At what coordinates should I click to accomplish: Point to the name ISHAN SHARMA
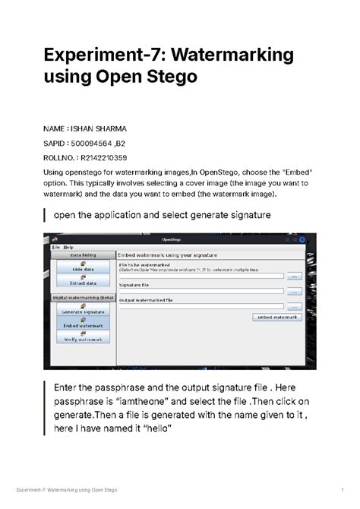click(101, 128)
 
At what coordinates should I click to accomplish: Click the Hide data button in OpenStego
click(83, 268)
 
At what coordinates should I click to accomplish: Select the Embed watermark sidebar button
click(83, 324)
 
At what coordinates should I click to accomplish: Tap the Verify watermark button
click(83, 339)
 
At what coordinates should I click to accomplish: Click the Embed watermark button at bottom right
click(276, 317)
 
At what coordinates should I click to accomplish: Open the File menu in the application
click(55, 248)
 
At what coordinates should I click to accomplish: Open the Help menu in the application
click(68, 248)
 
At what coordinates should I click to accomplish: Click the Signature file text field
click(201, 291)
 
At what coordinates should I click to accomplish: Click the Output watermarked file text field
click(201, 305)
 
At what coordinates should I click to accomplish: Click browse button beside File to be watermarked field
click(293, 277)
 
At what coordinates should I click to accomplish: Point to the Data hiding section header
click(83, 256)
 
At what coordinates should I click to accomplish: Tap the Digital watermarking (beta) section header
click(83, 298)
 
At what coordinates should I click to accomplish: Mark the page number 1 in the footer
click(343, 486)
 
